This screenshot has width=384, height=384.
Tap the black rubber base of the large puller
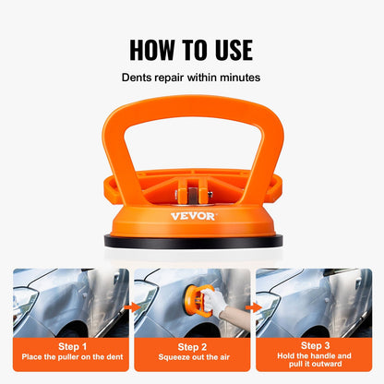[x=192, y=239]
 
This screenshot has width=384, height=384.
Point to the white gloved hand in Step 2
[x=213, y=301]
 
